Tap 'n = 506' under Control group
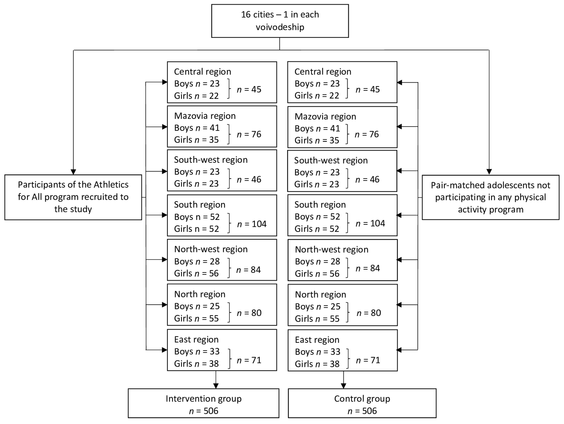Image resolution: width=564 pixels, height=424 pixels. click(x=362, y=411)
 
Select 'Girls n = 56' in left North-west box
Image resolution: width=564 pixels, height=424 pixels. click(x=196, y=273)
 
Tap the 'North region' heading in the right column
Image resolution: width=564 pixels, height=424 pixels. click(x=320, y=294)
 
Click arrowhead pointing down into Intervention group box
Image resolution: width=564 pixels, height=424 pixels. click(x=216, y=386)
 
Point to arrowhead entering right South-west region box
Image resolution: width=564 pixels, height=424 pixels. click(x=399, y=171)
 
